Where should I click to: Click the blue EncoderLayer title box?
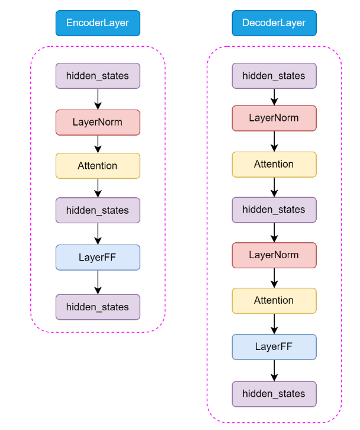[98, 23]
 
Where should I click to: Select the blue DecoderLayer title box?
[274, 23]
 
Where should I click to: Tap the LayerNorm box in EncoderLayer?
[98, 122]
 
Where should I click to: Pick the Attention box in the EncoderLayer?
[98, 166]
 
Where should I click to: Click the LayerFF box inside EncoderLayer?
[98, 257]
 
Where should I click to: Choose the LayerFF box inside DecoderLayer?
[274, 346]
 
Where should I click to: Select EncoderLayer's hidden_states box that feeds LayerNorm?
[98, 76]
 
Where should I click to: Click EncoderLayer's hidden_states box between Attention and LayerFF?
[98, 210]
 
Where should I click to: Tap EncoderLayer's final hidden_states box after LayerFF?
[98, 307]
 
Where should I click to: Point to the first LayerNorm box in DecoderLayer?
[274, 118]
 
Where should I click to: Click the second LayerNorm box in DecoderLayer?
[274, 255]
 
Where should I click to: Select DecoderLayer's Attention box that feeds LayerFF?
[274, 300]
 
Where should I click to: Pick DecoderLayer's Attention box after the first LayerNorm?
[274, 164]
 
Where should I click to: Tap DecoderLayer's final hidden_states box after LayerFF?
[274, 394]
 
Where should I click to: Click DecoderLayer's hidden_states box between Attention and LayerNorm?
[274, 210]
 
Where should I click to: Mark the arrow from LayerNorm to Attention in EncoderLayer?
[98, 144]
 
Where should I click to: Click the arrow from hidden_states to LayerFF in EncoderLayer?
[98, 233]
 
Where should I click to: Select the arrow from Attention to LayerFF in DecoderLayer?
[274, 323]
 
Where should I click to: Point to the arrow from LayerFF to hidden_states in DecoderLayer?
[274, 370]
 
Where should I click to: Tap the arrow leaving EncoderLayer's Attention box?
[98, 188]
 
